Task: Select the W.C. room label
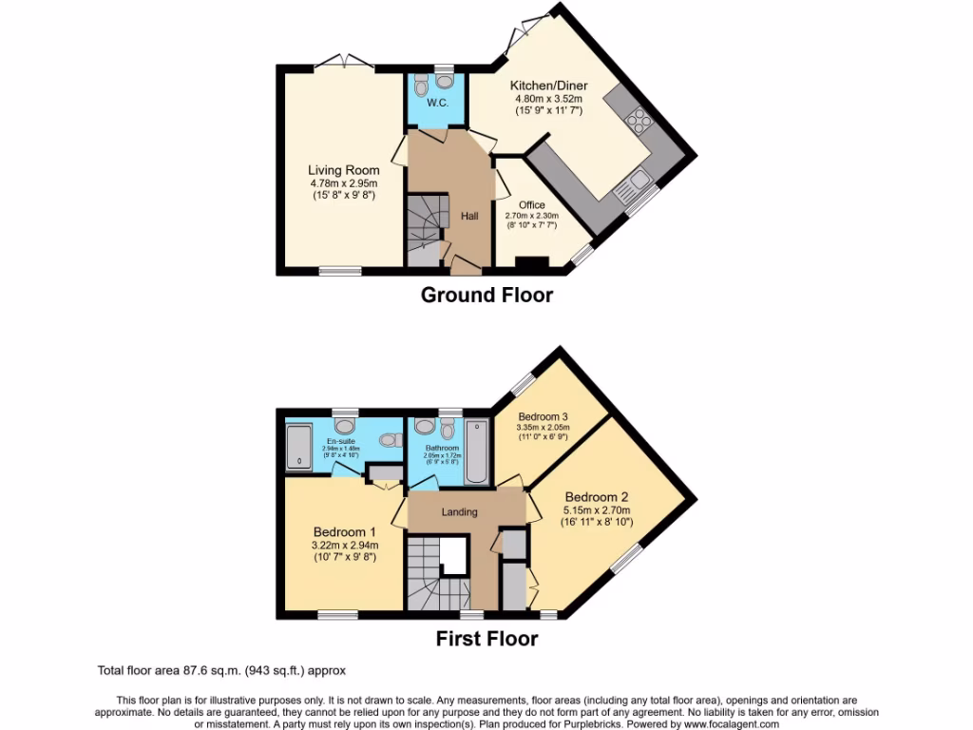click(x=437, y=103)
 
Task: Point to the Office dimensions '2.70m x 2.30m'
click(x=531, y=216)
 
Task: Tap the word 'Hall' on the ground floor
click(x=469, y=217)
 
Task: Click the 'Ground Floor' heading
click(x=486, y=295)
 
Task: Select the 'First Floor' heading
click(x=486, y=639)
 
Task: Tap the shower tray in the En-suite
click(x=299, y=450)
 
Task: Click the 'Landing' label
click(x=459, y=512)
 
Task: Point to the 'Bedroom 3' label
click(x=544, y=416)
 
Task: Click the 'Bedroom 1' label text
click(x=345, y=531)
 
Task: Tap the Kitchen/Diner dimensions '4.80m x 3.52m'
click(x=548, y=99)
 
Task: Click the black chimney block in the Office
click(x=532, y=263)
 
